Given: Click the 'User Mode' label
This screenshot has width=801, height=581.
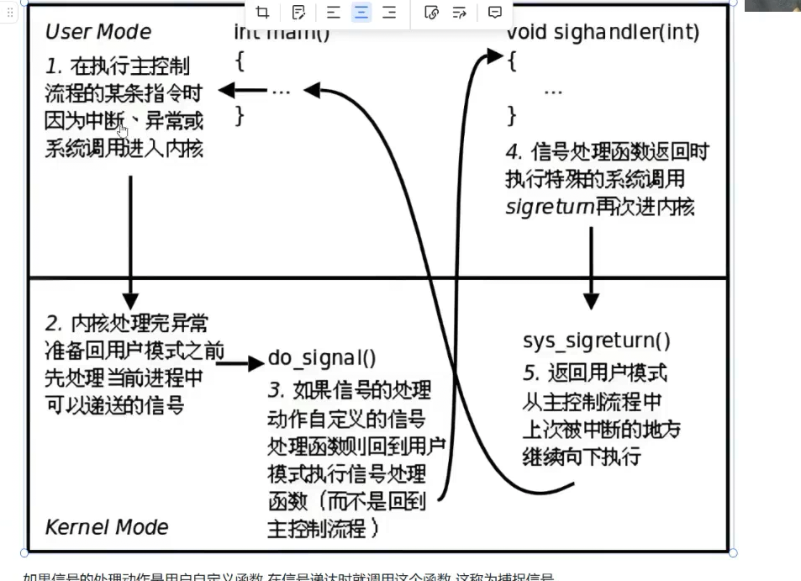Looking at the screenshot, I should point(97,32).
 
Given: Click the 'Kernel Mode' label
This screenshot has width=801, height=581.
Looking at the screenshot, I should point(106,527).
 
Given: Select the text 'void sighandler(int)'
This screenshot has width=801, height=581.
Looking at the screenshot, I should point(603,33).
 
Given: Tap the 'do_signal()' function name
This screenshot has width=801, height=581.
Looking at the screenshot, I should point(322,358).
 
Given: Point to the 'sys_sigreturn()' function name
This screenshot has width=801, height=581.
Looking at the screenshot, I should point(596,341).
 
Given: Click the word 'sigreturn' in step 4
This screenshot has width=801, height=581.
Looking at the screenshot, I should point(550,207).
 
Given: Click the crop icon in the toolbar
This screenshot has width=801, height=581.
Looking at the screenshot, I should point(263,12).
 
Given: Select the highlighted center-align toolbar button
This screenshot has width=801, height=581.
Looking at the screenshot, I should point(361,12).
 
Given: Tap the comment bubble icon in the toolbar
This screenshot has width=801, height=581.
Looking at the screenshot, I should point(495,12).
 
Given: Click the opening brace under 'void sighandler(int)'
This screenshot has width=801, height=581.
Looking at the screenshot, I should point(512,61).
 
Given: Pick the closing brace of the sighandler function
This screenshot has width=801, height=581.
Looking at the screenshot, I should point(512,114).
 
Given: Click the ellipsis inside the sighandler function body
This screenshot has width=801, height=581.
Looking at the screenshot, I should point(553,90).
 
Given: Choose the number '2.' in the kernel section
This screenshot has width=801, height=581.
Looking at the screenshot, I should point(55,324).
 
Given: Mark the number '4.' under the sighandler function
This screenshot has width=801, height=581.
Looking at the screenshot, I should point(514,152).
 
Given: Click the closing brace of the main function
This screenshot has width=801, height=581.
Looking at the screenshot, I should point(240,115).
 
